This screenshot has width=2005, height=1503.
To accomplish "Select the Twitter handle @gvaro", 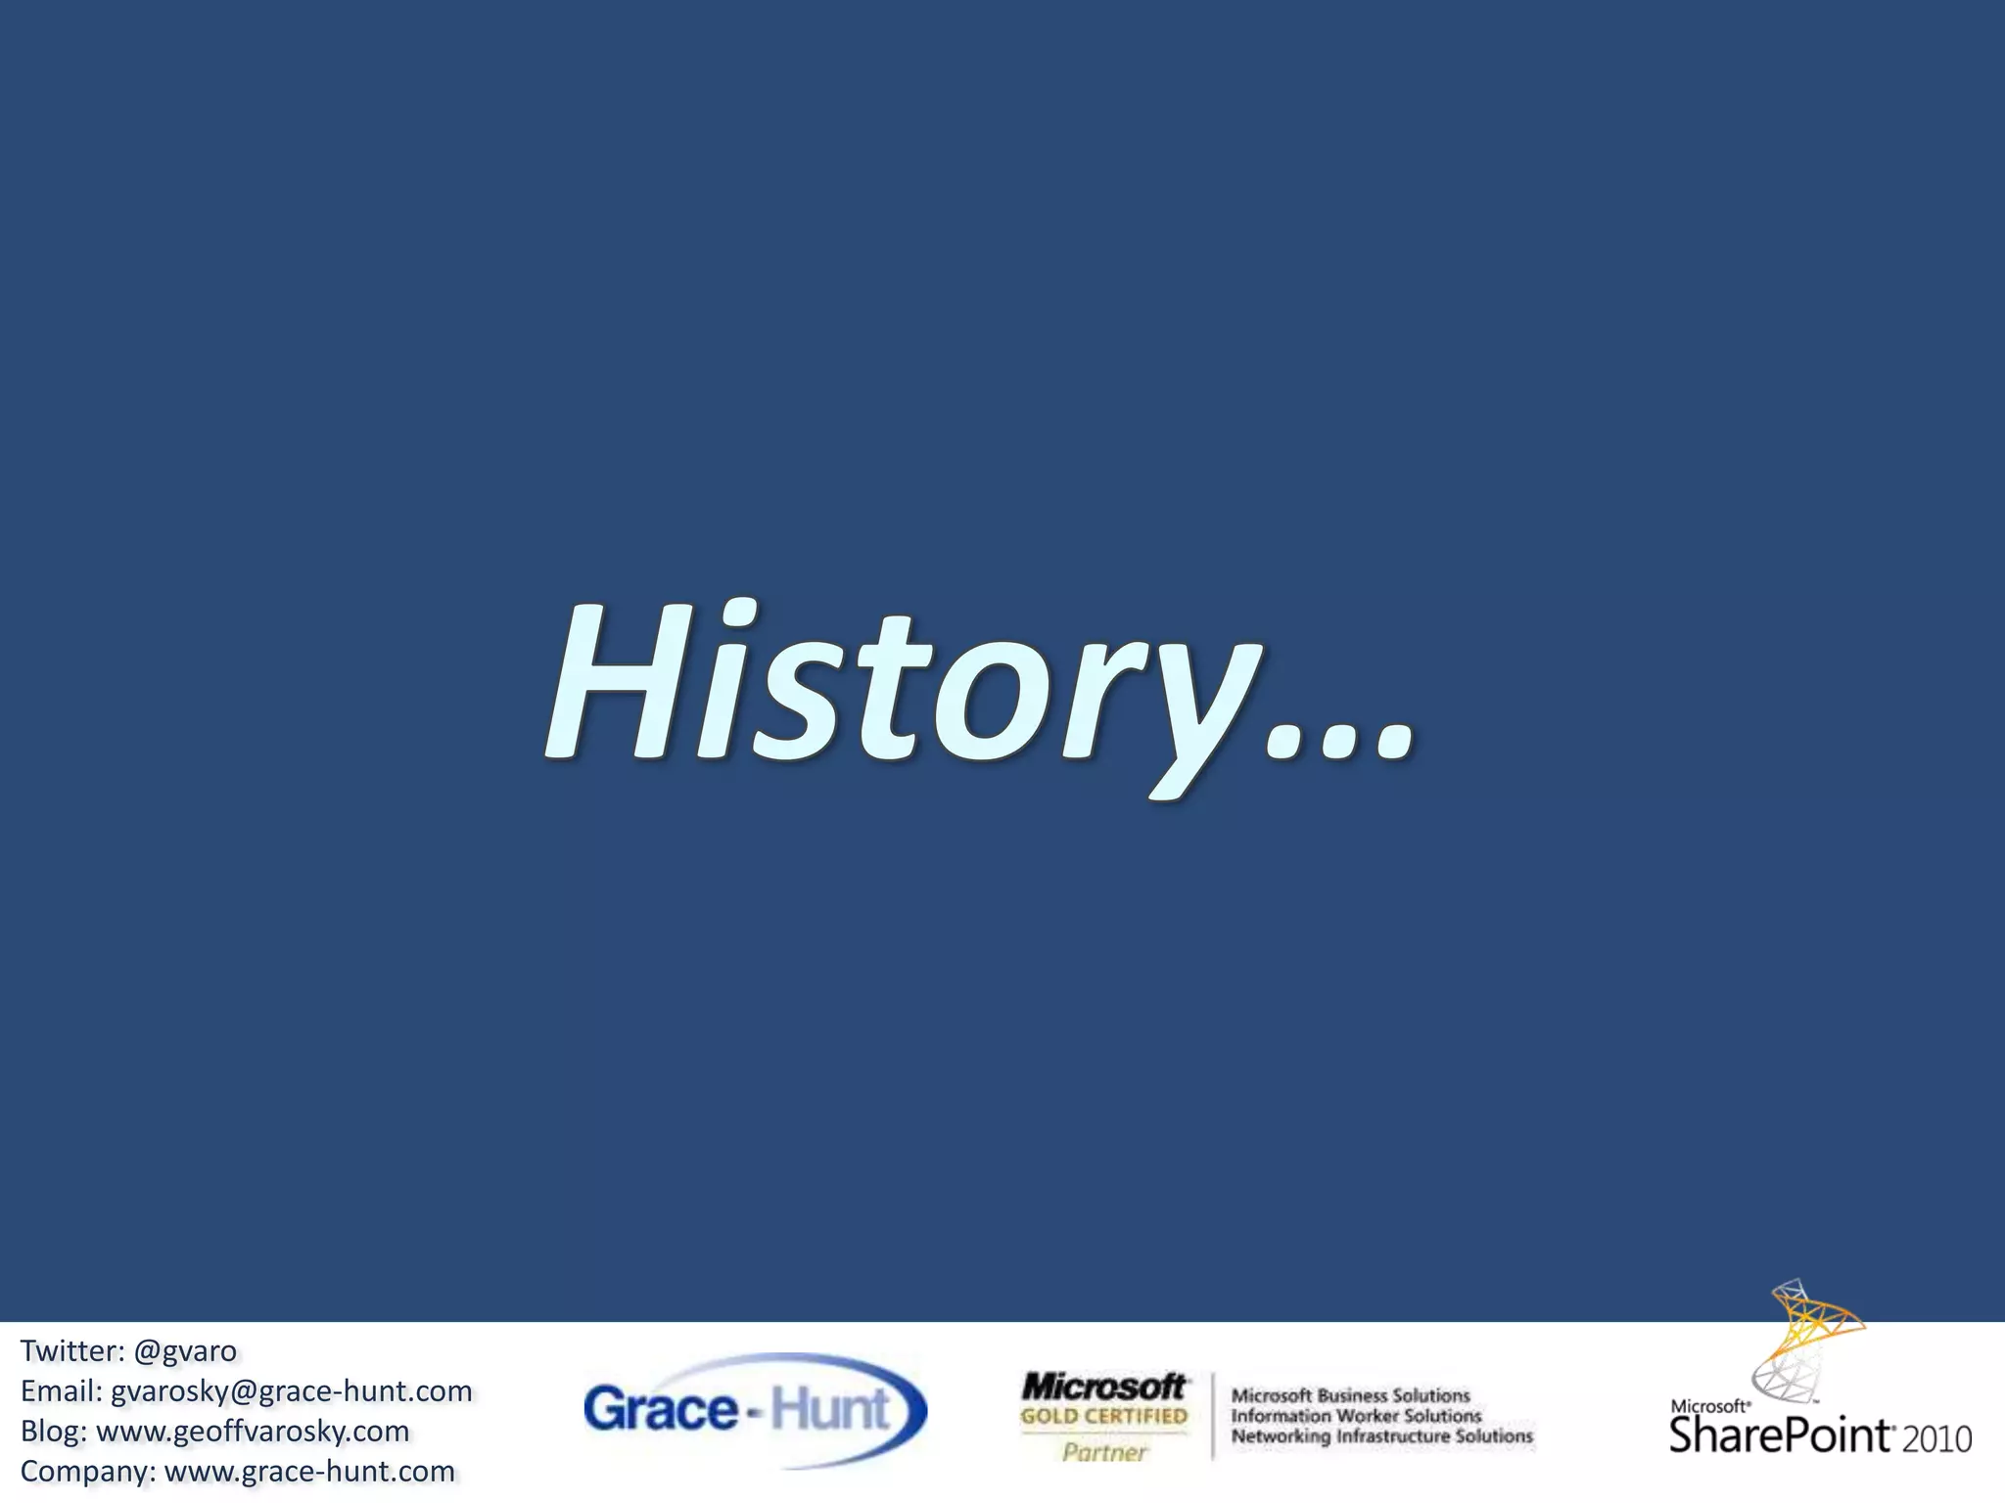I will click(184, 1351).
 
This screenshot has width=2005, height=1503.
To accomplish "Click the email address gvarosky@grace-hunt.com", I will click(291, 1391).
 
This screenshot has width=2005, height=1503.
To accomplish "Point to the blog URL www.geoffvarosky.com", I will click(253, 1432).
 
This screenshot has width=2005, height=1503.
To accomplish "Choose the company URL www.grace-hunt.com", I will click(309, 1472).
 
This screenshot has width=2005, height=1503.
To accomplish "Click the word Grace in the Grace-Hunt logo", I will click(661, 1410).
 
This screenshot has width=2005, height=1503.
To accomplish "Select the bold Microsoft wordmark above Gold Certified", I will click(1102, 1387).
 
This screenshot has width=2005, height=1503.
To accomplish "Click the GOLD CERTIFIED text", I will click(1103, 1416).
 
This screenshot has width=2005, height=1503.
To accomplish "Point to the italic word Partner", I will click(1103, 1453).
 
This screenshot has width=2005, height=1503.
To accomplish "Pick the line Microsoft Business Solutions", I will click(1350, 1395).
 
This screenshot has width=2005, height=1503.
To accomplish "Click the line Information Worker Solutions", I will click(1356, 1416).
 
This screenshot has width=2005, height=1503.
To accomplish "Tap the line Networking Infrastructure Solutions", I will click(1381, 1436).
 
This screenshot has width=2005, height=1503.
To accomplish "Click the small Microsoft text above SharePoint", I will click(1709, 1406).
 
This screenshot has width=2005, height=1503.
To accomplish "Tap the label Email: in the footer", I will click(62, 1391).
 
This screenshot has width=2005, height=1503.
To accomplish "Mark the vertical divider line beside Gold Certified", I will click(1212, 1416).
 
